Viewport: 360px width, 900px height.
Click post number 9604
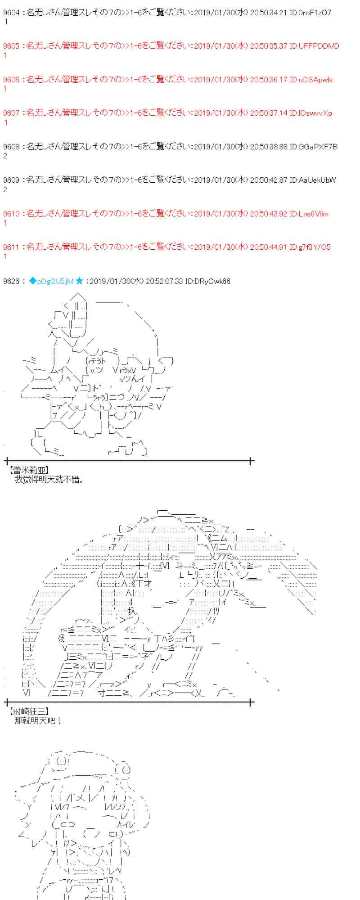11,13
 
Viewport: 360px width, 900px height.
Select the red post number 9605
11,46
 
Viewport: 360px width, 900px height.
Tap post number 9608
11,147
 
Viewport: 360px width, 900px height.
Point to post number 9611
11,247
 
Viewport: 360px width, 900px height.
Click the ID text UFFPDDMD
319,46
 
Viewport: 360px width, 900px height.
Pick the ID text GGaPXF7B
318,147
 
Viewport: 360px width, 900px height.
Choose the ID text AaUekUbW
318,180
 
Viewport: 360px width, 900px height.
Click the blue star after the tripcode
79,281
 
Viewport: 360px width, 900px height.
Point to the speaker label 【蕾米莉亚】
29,471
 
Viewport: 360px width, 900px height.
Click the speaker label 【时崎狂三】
29,711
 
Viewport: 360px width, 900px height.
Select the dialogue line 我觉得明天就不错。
49,480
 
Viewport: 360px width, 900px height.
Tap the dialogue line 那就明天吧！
38,720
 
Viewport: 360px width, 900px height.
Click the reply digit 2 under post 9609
5,189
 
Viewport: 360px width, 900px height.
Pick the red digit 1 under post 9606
5,89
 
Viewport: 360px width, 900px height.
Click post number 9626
11,282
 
